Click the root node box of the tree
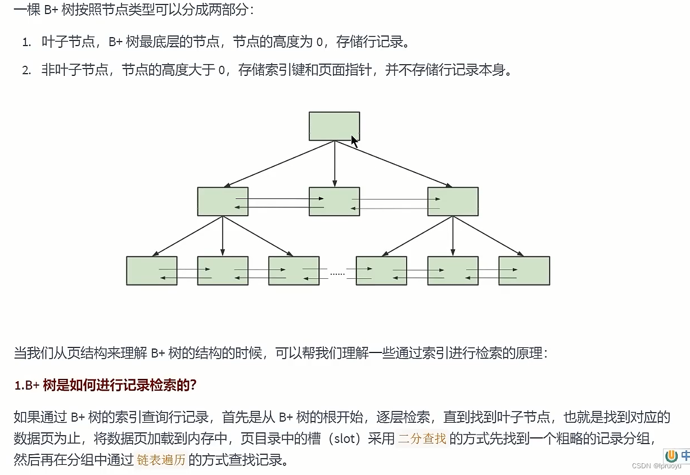334,126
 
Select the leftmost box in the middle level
223,201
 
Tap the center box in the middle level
334,201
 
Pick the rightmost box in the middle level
453,201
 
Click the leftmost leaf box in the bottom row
151,271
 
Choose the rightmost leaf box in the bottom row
524,271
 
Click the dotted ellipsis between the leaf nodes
337,274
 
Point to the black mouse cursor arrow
354,141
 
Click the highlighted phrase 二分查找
422,438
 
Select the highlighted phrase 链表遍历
161,460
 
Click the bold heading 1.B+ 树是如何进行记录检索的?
105,386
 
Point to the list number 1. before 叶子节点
26,42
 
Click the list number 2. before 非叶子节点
26,70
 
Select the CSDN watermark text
656,466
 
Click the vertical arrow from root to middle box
335,163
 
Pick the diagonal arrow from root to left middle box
279,164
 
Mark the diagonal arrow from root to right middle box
394,164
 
